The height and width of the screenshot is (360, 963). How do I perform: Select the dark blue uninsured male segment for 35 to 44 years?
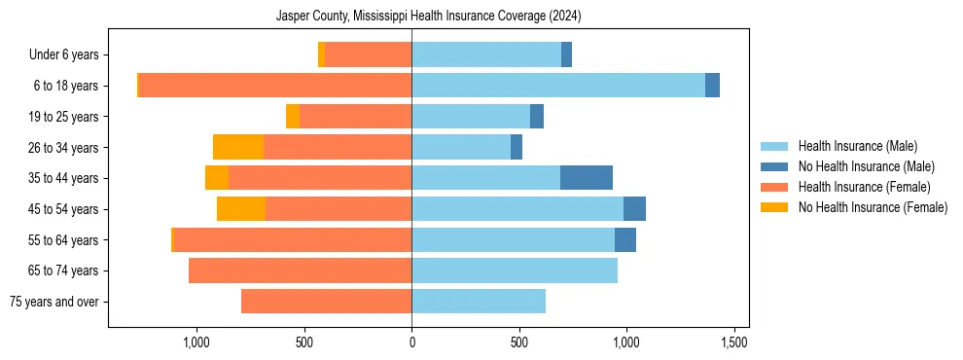587,178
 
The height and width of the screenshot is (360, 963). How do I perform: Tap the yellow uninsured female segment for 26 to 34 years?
238,147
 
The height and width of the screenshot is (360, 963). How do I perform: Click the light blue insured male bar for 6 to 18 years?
558,86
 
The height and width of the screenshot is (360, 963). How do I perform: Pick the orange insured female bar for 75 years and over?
326,302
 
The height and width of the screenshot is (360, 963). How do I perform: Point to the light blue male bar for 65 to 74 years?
515,270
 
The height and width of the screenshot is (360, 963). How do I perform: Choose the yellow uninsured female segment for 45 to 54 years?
241,209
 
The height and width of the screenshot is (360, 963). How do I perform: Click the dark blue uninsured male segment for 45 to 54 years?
634,209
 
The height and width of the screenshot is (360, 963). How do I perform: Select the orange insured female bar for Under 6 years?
368,54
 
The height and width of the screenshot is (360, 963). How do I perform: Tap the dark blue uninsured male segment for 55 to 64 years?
625,239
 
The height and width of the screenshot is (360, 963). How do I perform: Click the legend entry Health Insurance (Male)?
857,146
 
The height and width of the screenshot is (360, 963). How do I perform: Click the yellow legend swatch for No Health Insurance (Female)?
774,207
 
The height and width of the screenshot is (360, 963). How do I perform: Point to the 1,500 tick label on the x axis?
733,342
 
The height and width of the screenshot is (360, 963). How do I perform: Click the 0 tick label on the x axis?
411,342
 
